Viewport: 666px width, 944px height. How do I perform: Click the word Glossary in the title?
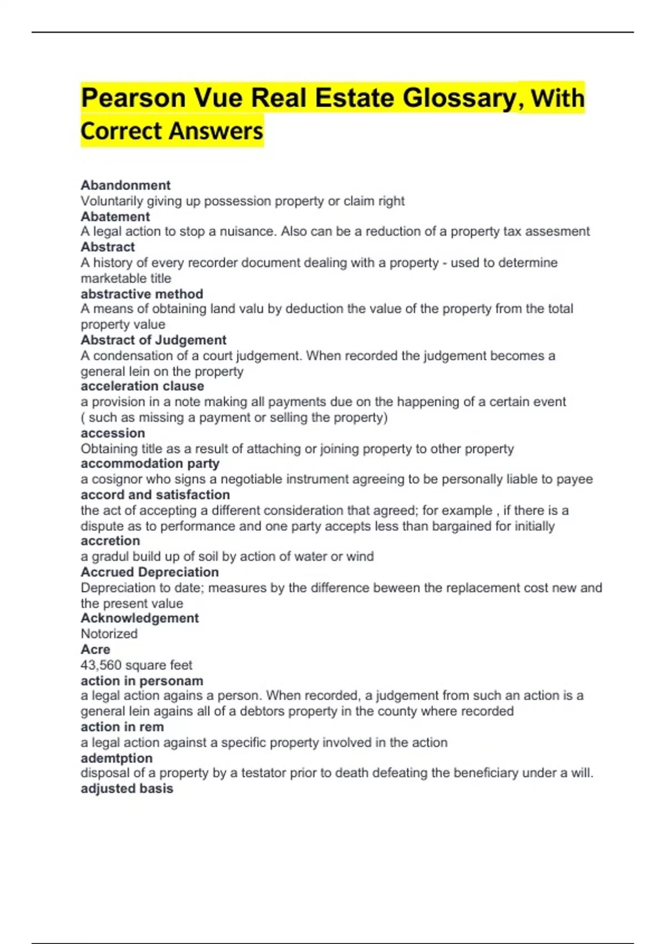coord(459,98)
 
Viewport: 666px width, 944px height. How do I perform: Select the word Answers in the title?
coord(216,132)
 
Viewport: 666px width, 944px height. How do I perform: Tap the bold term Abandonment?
coord(125,185)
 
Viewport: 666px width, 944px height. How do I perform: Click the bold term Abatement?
coord(115,217)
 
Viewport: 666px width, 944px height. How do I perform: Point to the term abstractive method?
coord(142,294)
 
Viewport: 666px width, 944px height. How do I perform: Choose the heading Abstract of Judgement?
coord(153,340)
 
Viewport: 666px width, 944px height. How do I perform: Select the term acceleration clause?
coord(142,386)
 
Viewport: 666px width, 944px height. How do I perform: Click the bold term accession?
coord(113,433)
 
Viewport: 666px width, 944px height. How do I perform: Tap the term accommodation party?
coord(150,464)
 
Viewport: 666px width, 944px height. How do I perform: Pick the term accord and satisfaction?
coord(155,495)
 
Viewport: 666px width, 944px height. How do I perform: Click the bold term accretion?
coord(110,541)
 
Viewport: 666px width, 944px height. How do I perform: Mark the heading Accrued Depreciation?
coord(149,572)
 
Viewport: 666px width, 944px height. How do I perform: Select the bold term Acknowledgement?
coord(139,618)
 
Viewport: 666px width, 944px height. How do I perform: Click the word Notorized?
coord(109,634)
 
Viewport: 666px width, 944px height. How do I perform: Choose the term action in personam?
coord(142,681)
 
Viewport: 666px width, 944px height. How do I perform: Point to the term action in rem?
coord(122,727)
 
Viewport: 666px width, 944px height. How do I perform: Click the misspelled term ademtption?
coord(117,758)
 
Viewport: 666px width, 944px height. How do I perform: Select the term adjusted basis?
coord(127,789)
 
